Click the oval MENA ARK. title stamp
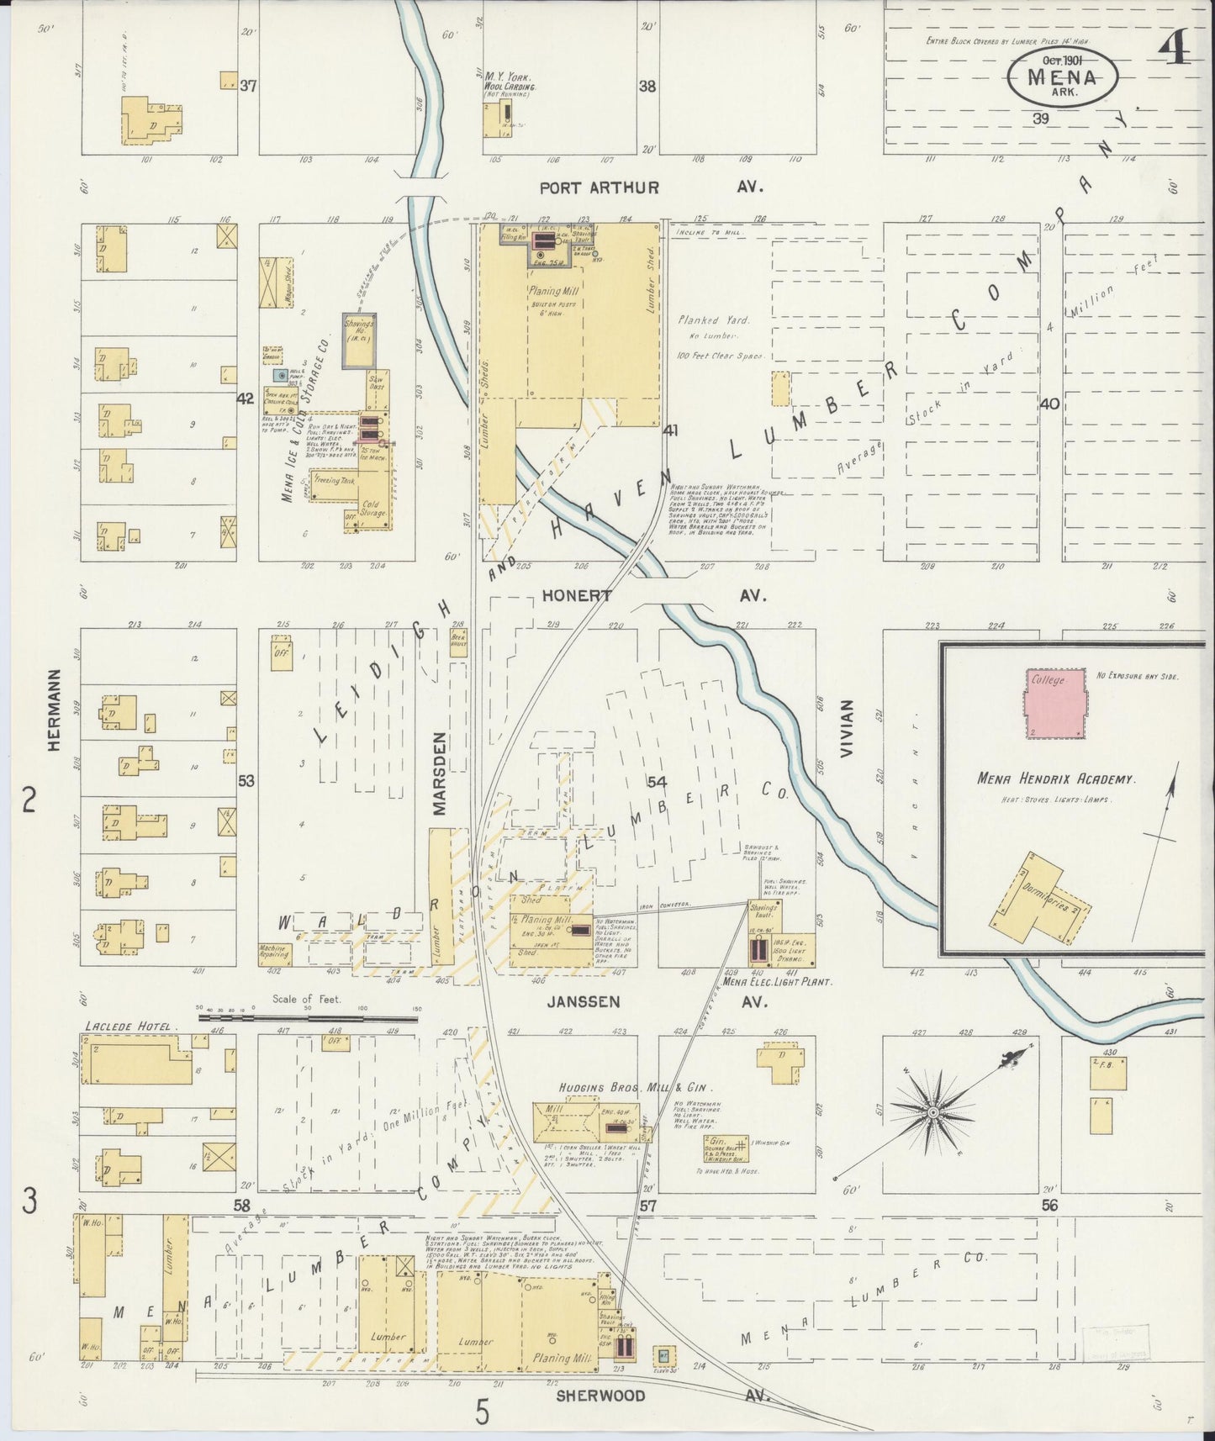coord(1063,75)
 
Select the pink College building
coord(1054,705)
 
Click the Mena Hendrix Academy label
coord(1056,779)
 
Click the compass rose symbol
coord(932,1112)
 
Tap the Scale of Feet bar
coord(308,1017)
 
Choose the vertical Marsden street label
coord(441,773)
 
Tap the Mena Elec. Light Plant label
coord(777,981)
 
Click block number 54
coord(658,782)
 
